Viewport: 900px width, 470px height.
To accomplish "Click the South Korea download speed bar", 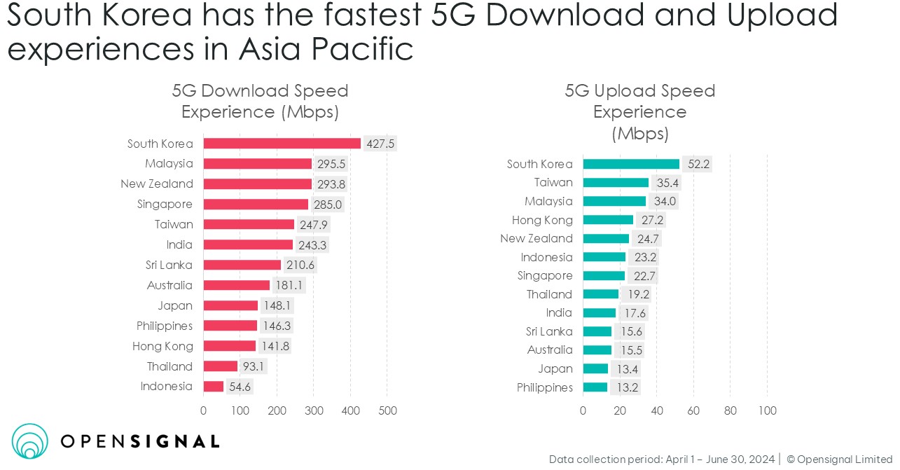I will coord(282,144).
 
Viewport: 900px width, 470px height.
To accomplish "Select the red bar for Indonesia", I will coord(214,387).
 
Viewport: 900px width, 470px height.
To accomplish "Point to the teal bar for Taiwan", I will coord(616,183).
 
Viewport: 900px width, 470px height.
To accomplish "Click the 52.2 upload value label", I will coord(697,164).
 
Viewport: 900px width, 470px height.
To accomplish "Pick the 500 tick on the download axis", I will coord(387,411).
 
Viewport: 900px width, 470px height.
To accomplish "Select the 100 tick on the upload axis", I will coord(767,411).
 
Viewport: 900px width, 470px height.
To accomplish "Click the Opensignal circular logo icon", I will coord(30,441).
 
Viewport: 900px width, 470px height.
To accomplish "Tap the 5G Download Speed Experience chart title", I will coord(260,102).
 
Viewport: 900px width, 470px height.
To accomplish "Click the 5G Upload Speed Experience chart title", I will coord(639,111).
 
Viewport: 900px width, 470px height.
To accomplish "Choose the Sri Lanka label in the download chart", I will coord(169,265).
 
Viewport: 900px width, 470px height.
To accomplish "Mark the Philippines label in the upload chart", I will coord(544,388).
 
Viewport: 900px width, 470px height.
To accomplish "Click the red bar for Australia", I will coord(237,286).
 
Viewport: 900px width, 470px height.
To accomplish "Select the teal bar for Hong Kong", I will coord(608,220).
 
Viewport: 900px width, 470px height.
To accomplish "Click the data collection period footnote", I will coord(663,459).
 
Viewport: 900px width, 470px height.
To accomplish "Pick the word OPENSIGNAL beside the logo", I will coord(140,441).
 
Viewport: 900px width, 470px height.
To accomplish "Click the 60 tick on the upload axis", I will coord(693,411).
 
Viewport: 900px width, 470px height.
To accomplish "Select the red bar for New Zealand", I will coord(257,184).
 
